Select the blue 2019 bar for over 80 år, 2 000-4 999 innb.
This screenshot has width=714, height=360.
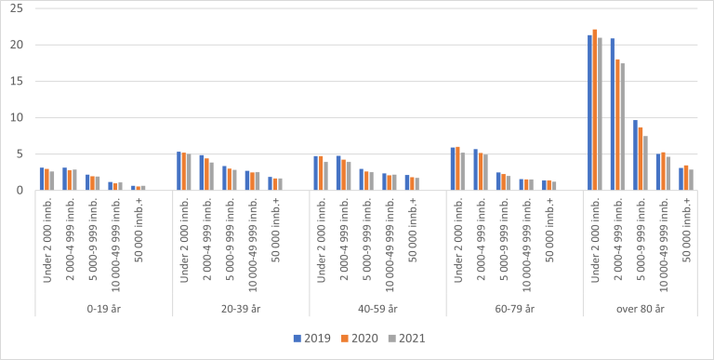coord(612,114)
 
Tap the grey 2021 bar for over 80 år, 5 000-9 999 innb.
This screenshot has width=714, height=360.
coord(645,163)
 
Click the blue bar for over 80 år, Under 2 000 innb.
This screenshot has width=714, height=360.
coord(589,113)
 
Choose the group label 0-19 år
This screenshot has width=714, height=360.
coord(103,308)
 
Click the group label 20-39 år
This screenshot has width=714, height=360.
coord(241,308)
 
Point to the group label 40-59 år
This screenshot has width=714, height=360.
coord(377,308)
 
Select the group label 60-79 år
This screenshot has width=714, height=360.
coord(514,308)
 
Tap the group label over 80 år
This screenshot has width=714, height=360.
coord(651,308)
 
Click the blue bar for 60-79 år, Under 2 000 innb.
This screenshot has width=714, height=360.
coord(453,169)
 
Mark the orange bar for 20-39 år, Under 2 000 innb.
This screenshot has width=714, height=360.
coord(184,171)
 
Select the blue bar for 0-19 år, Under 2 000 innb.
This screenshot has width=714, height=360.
coord(42,179)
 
